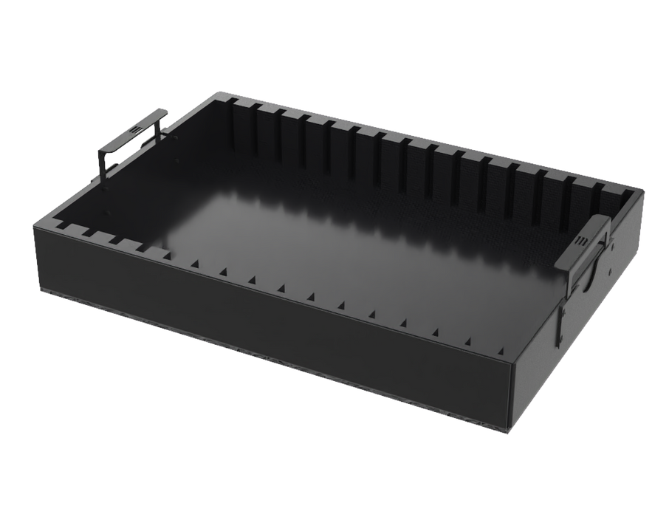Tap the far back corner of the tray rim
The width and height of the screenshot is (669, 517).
pyautogui.click(x=220, y=93)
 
